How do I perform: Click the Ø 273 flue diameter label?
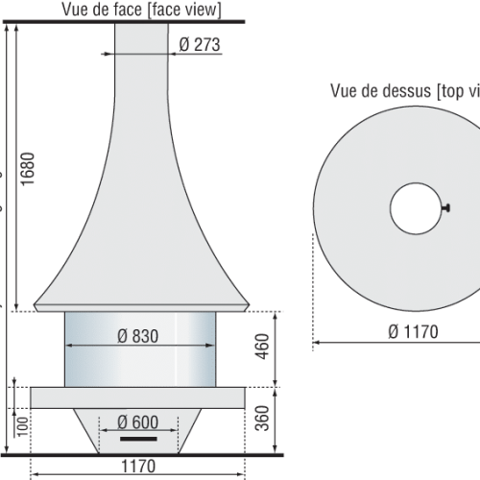pos(200,43)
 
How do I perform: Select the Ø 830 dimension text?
pos(137,336)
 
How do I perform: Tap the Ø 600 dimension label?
pos(137,421)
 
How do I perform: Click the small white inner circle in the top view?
pos(416,208)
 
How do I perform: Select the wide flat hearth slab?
pos(140,396)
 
